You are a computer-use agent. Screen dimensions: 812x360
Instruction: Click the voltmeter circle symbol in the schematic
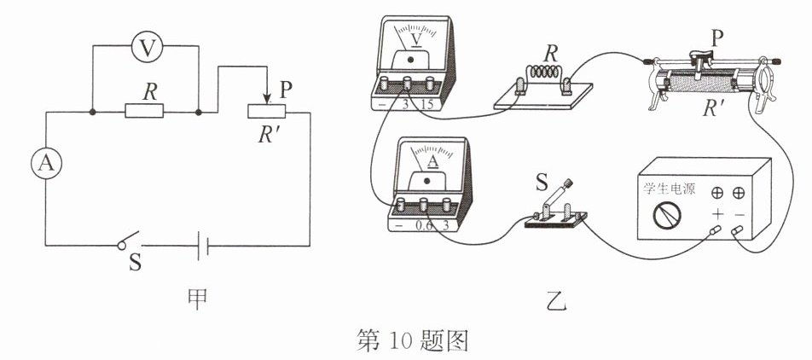147,48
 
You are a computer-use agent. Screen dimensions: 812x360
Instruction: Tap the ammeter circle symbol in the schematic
46,164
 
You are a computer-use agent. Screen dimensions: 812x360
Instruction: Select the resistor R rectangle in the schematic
144,111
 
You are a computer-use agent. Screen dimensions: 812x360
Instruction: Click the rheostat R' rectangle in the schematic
267,111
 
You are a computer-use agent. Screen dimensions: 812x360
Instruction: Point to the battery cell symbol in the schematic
202,246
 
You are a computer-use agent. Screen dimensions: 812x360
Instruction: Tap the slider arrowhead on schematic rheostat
267,98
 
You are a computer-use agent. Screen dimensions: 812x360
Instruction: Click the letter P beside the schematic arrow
286,90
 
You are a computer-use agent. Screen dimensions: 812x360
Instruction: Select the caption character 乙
557,301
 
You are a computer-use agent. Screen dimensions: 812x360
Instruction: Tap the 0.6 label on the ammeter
424,226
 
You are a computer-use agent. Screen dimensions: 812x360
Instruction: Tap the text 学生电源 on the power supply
670,189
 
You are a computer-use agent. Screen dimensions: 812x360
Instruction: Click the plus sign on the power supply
717,213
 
